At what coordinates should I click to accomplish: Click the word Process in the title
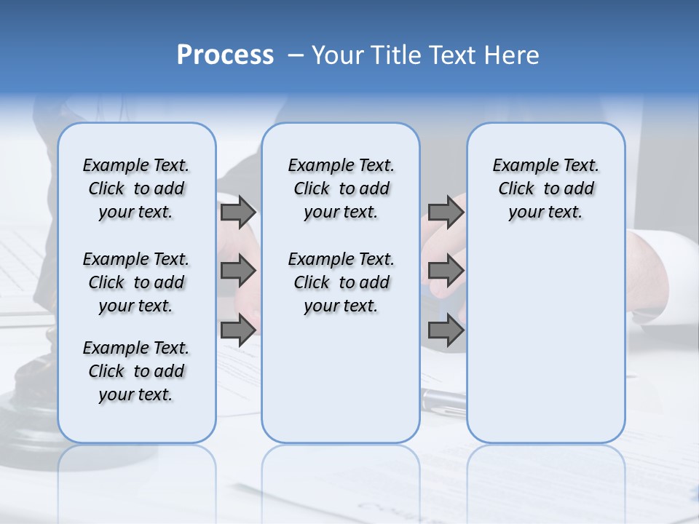(x=225, y=55)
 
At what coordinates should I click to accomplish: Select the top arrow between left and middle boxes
(x=238, y=212)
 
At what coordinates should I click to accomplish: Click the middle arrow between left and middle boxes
(x=238, y=271)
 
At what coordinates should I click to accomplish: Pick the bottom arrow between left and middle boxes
(x=238, y=330)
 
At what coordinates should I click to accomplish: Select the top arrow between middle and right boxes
(x=446, y=212)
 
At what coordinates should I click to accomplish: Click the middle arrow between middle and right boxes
(x=446, y=271)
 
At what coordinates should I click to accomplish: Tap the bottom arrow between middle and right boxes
(x=446, y=330)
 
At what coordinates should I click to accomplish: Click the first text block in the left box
(x=136, y=188)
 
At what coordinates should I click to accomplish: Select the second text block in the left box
(x=136, y=282)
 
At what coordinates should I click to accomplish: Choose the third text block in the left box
(x=136, y=371)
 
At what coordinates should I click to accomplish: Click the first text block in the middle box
(x=341, y=188)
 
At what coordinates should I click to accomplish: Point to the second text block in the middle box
(x=341, y=282)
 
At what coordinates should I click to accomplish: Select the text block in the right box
(x=545, y=188)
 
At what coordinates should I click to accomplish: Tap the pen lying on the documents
(x=444, y=399)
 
